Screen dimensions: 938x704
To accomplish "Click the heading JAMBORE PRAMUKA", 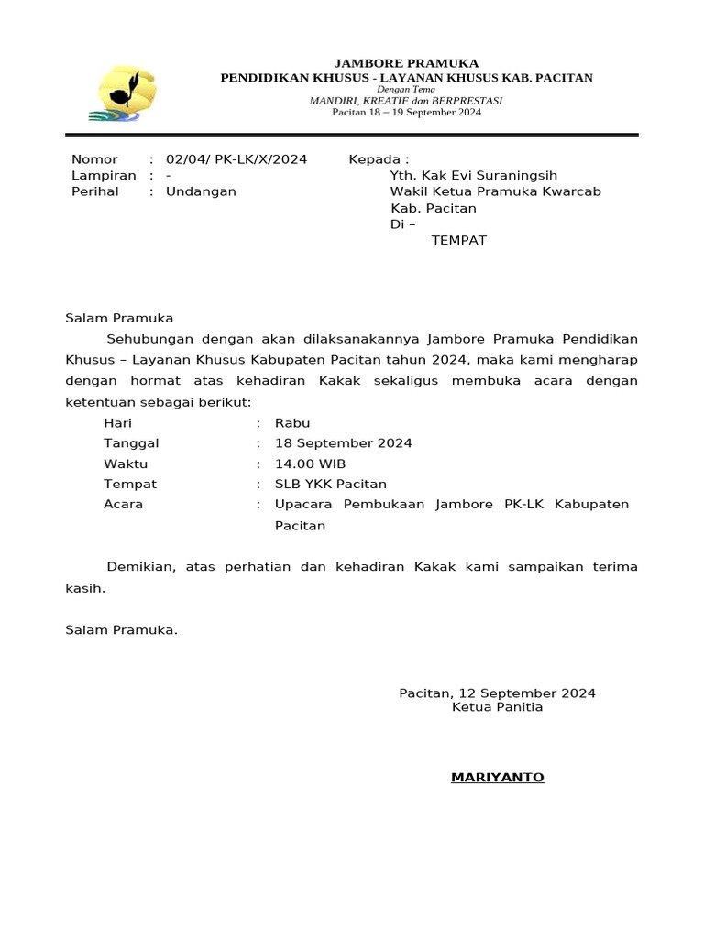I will (406, 63).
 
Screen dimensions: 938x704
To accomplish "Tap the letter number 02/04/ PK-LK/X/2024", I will (236, 159).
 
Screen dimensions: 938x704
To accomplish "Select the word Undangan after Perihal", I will (201, 191).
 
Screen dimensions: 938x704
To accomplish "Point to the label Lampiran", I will (104, 175).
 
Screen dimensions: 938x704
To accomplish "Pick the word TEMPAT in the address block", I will (458, 240).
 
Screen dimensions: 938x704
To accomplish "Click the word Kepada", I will (375, 159).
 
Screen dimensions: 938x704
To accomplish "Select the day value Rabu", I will (292, 423).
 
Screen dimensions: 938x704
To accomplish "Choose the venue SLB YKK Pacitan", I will (331, 484).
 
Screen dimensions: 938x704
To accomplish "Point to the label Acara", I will (124, 504).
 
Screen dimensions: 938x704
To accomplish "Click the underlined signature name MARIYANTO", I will (497, 778).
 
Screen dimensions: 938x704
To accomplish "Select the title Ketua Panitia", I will (497, 707).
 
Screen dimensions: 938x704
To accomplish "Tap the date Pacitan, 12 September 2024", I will (497, 693).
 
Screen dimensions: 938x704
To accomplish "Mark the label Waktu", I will (126, 464).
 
